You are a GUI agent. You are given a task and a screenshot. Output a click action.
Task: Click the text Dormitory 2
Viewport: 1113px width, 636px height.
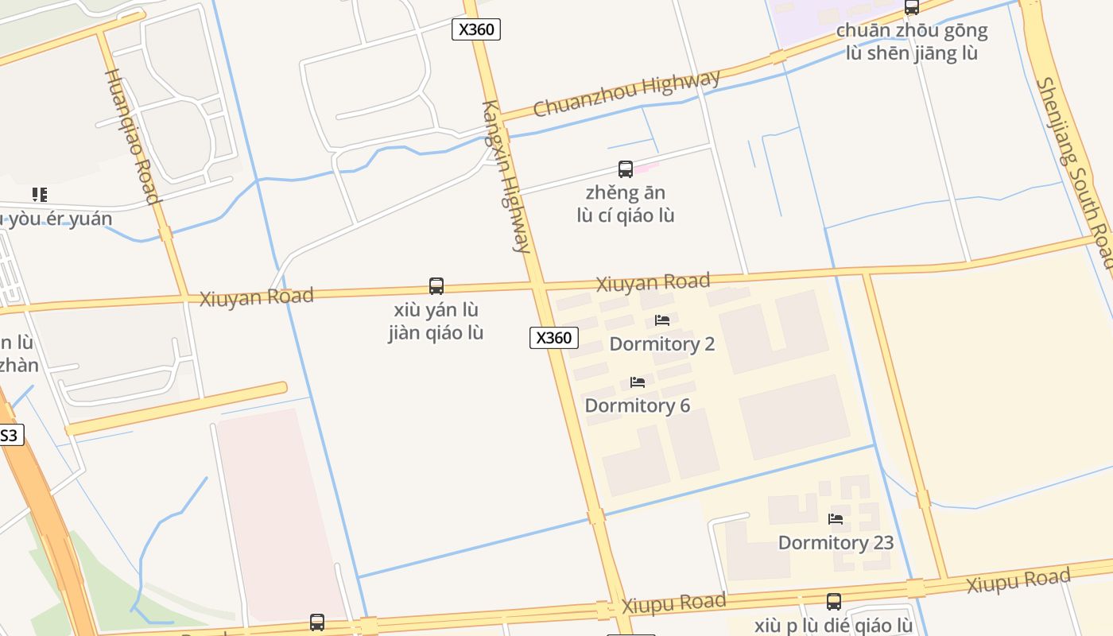pos(661,344)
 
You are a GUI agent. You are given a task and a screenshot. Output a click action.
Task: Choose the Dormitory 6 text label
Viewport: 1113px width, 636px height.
pos(637,405)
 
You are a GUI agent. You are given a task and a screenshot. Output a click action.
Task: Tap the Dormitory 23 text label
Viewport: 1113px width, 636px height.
pos(836,543)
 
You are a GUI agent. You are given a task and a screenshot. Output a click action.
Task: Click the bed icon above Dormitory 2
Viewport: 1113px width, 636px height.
pos(661,320)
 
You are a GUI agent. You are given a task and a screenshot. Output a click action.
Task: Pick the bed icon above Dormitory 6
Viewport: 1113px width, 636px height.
pos(637,382)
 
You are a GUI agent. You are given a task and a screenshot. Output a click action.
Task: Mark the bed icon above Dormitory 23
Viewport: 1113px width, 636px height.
pos(836,519)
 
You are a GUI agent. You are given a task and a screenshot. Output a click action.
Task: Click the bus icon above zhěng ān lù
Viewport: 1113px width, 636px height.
pos(626,169)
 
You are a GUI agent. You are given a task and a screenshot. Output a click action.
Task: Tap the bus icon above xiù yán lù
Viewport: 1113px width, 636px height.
pos(436,286)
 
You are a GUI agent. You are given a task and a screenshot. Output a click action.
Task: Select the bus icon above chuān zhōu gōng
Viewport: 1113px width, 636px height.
pos(911,7)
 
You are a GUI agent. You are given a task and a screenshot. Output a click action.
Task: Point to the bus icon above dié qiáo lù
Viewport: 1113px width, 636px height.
pos(833,602)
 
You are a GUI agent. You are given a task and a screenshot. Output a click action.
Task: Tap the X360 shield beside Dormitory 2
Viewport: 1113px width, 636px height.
pos(553,338)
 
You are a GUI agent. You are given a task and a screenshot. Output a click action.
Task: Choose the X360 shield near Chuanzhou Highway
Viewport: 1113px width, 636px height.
pos(476,30)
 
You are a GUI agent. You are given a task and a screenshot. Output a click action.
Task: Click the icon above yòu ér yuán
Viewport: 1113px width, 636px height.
pos(39,194)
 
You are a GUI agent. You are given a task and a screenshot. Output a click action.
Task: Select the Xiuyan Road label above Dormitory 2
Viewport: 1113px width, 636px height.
pos(653,282)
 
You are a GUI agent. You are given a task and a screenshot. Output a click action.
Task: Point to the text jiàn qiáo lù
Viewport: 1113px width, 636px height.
pos(436,333)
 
